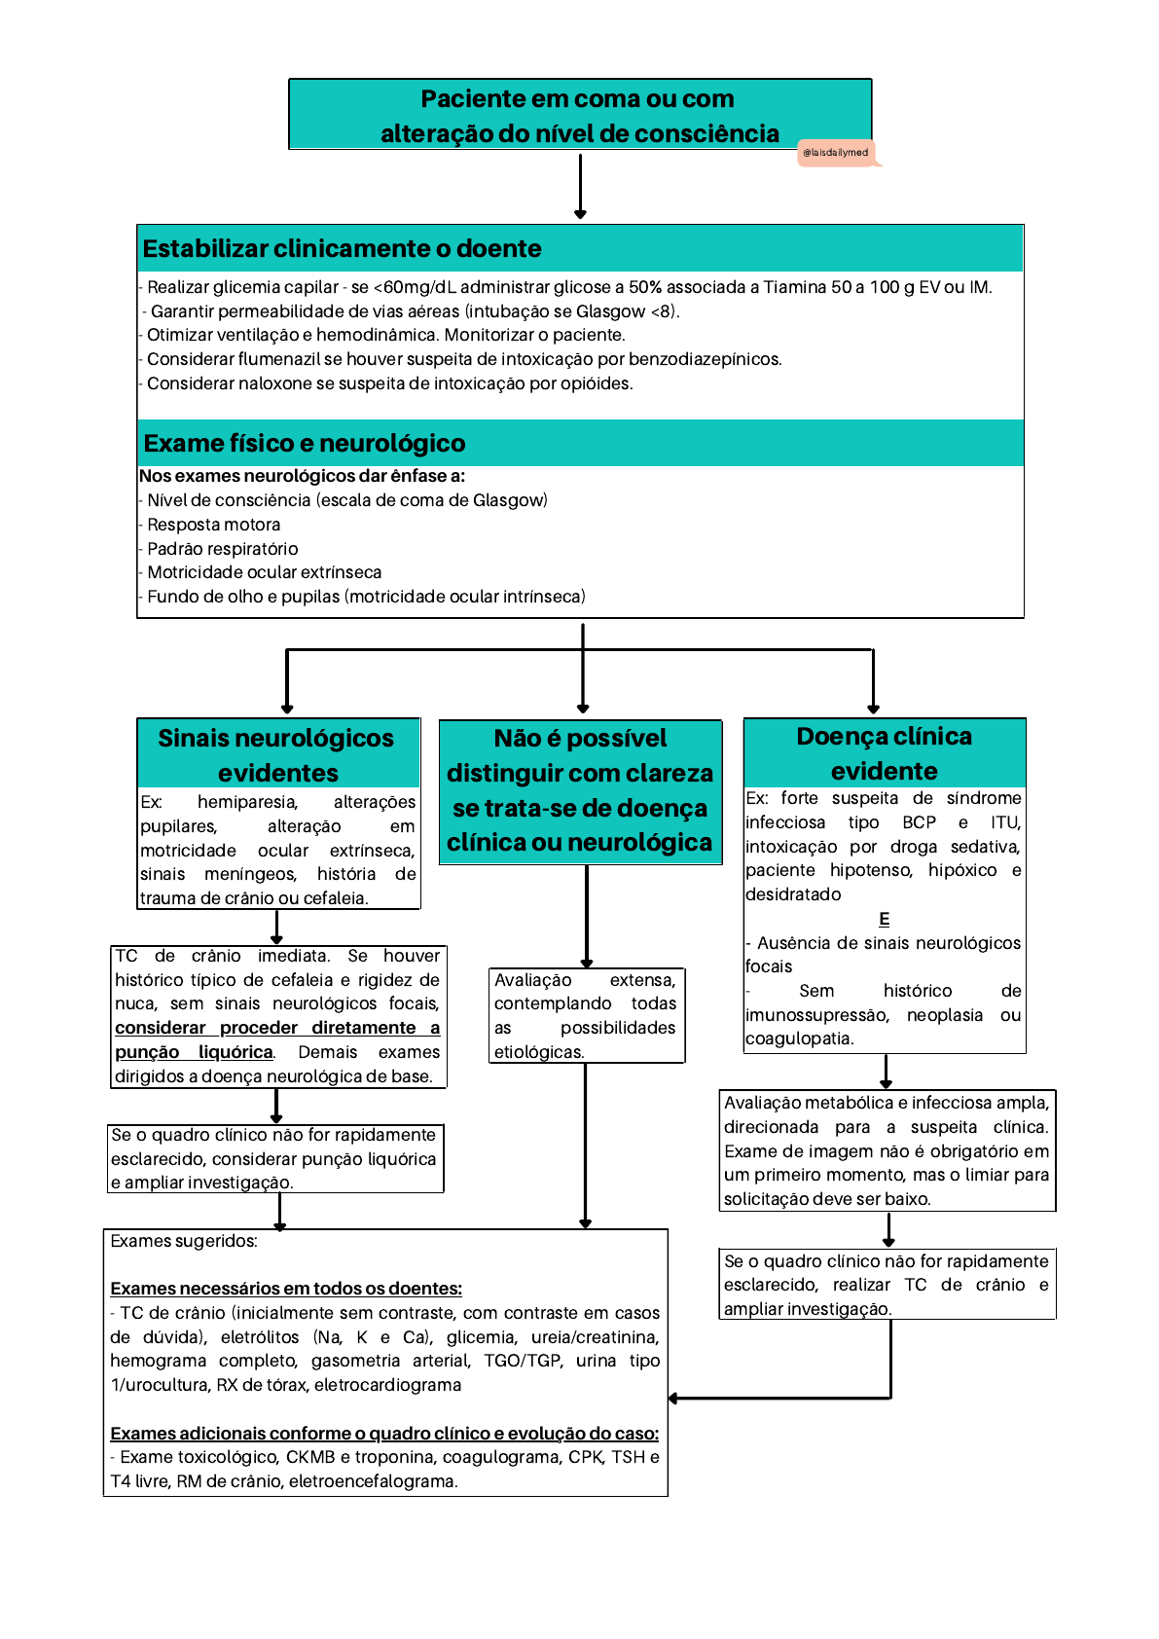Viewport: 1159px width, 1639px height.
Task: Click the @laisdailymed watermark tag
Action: tap(836, 153)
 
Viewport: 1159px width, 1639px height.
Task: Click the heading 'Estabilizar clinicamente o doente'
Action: tap(342, 249)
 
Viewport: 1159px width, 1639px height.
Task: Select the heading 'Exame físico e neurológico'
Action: tap(305, 444)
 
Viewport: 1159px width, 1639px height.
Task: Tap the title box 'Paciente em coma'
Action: tap(579, 115)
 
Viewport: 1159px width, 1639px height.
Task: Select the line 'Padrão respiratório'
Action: tap(223, 549)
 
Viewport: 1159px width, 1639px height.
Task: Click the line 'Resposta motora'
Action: tap(214, 525)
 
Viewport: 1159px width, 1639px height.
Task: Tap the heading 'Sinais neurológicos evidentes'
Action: tap(277, 755)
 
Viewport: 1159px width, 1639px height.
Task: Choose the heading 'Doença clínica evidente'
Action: tap(884, 753)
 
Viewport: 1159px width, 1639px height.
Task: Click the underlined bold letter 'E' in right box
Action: tap(884, 919)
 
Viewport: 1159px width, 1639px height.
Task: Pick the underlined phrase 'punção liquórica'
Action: tap(194, 1052)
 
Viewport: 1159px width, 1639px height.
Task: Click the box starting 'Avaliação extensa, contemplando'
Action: tap(585, 1015)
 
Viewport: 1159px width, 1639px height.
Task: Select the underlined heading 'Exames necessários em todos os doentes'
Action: tap(286, 1289)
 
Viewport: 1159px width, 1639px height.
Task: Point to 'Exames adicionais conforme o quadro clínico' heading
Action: tap(384, 1434)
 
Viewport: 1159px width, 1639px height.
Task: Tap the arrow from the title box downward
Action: tap(580, 185)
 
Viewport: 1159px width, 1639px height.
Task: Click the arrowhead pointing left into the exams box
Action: tap(674, 1399)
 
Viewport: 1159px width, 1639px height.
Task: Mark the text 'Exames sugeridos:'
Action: tap(184, 1241)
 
